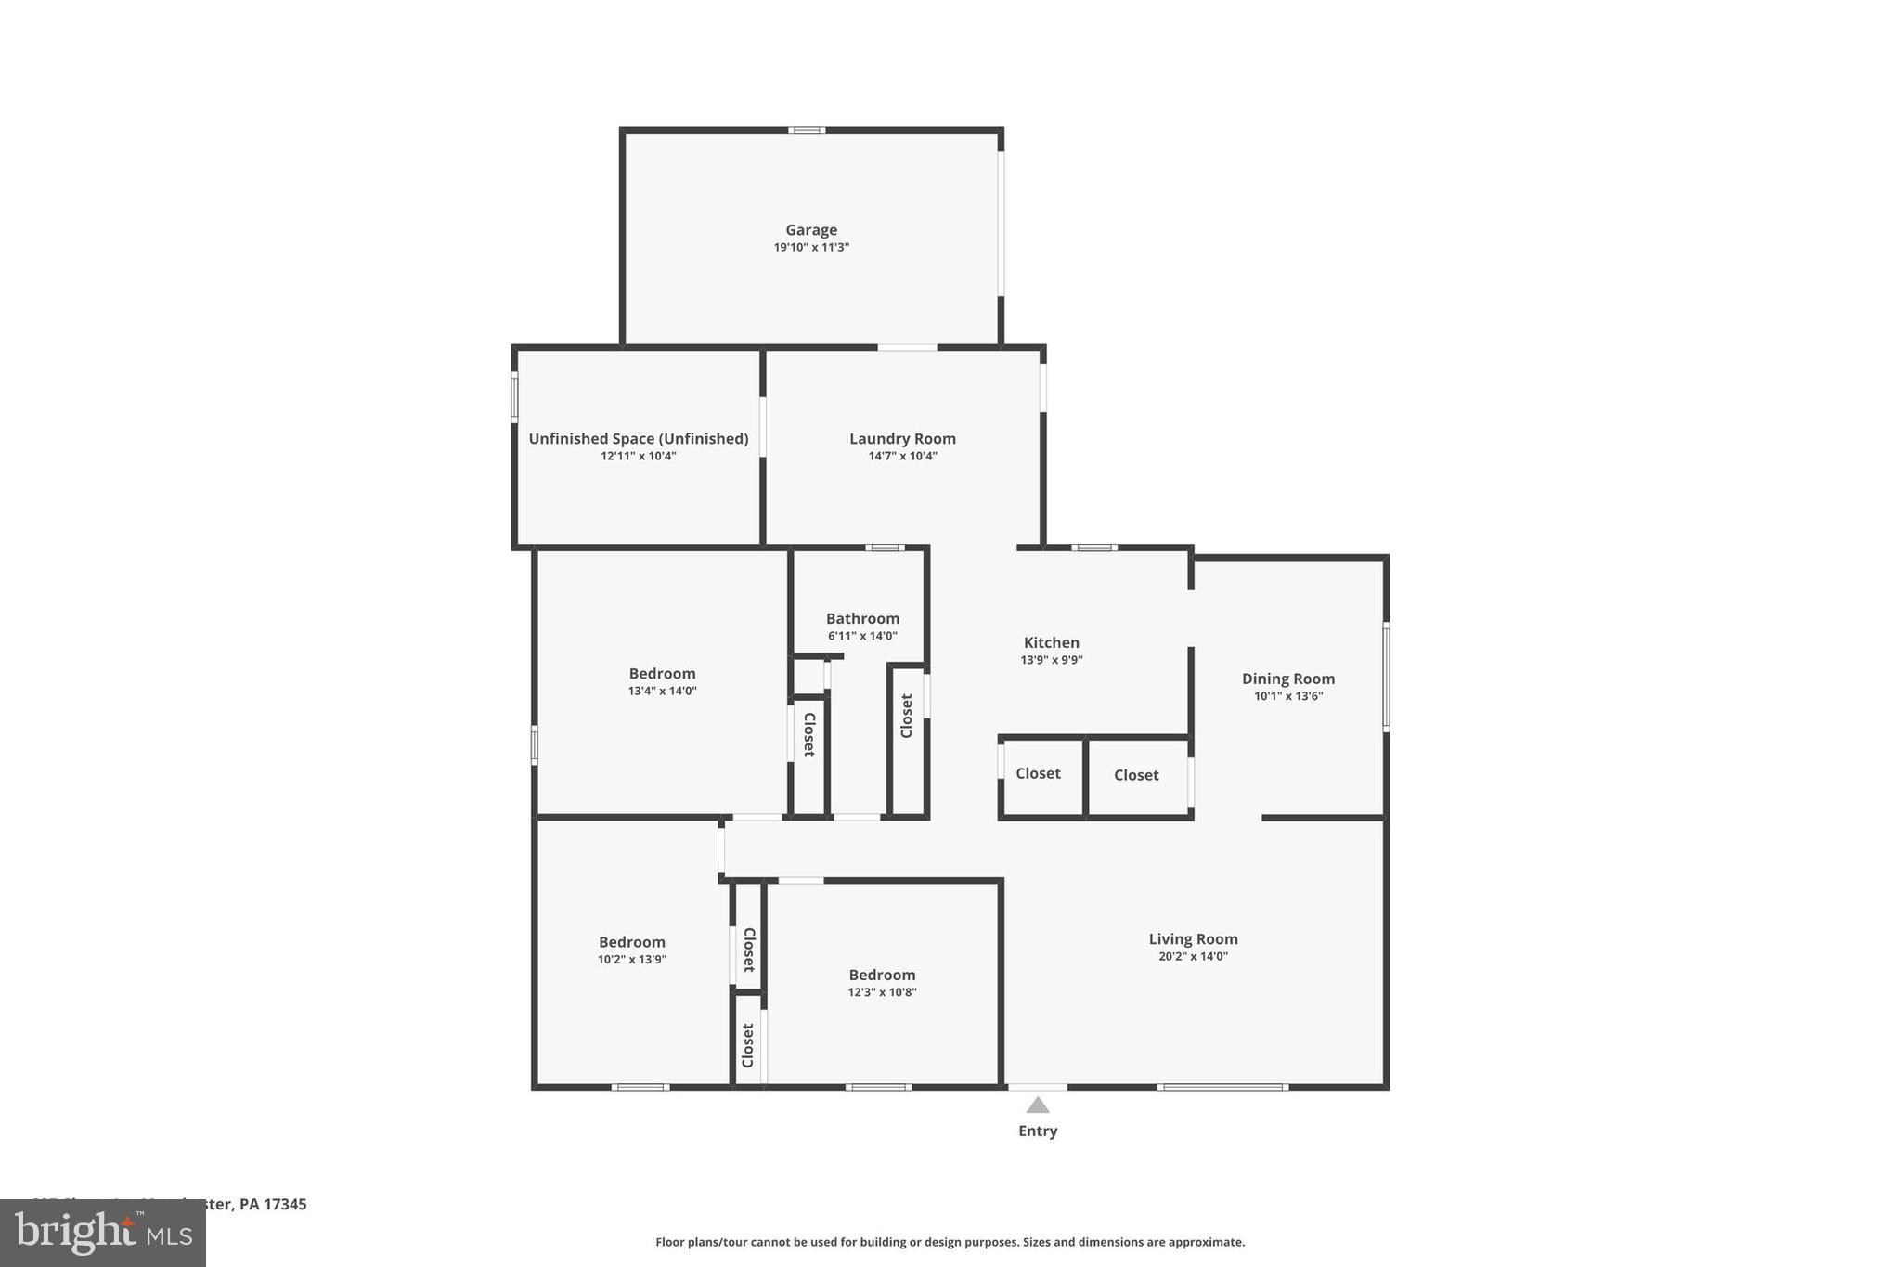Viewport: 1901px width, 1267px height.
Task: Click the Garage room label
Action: (811, 230)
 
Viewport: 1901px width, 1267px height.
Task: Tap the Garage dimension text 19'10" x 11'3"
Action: (811, 248)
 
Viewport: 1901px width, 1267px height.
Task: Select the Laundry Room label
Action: (902, 439)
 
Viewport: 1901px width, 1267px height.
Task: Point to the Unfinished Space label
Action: (638, 439)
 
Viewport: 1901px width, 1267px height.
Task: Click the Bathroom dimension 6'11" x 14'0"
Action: (862, 637)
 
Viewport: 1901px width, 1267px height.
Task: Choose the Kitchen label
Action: (1051, 642)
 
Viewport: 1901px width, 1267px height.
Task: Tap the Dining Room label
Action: (1287, 679)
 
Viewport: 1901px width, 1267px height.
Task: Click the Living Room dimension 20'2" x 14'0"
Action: (1193, 957)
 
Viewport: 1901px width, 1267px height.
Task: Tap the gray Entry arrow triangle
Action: (1038, 1105)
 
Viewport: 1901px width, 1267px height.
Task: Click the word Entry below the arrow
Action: (1038, 1131)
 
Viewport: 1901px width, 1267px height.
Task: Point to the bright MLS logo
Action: (102, 1233)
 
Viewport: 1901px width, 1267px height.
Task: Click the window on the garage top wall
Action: (807, 130)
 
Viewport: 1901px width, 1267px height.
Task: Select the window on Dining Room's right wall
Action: (1386, 678)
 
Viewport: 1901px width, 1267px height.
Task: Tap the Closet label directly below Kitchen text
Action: (1038, 773)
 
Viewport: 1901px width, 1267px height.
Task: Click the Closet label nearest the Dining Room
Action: (1136, 775)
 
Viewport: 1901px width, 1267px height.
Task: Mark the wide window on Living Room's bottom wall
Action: (1222, 1087)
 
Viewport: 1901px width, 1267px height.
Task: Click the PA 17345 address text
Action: (272, 1204)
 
